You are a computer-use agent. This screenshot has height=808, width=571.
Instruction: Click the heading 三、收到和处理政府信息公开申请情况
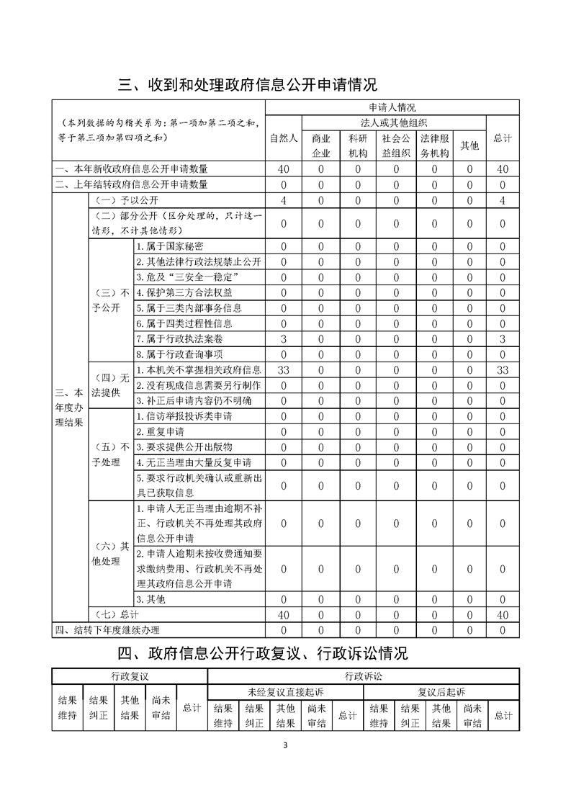248,84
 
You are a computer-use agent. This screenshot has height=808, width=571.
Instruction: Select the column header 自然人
284,138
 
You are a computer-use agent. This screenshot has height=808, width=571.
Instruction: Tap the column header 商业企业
320,145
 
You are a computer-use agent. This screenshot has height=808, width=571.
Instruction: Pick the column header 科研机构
358,145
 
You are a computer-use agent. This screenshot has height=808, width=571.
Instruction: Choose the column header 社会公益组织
395,145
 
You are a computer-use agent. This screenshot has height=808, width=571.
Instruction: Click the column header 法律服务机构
434,145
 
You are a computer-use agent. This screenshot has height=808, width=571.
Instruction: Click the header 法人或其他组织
394,122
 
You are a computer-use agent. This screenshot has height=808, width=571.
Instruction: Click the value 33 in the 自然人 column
283,369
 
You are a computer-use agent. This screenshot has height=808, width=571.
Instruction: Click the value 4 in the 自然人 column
283,199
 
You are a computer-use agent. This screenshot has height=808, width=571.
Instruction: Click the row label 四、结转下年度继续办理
107,630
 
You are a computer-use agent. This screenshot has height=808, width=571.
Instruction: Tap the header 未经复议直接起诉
285,691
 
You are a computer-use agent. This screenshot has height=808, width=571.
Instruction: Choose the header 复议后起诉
441,691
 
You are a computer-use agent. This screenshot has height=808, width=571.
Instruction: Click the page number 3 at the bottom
286,745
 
